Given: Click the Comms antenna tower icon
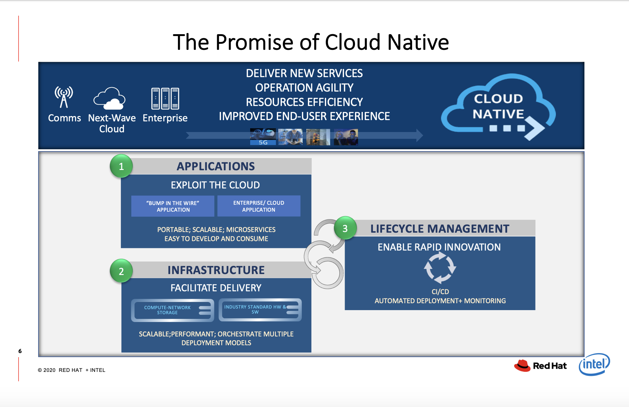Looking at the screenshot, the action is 64,97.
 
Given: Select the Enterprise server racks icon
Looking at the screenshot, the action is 165,98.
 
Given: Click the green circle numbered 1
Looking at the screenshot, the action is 121,166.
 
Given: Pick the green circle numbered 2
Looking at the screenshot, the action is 121,271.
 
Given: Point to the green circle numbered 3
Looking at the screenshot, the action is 345,228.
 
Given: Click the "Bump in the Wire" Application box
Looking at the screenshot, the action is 173,206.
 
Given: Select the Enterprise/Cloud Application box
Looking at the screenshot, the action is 259,206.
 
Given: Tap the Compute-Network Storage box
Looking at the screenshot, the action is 172,310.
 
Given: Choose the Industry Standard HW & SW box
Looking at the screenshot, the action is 260,310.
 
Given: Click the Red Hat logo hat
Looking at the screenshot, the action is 522,366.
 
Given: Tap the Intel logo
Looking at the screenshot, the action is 594,364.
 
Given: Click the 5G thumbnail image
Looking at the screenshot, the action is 263,137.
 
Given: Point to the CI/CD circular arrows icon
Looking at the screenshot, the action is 440,268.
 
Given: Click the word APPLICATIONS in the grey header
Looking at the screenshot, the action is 216,166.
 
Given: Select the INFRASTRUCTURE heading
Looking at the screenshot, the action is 216,270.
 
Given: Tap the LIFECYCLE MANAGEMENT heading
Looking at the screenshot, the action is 440,229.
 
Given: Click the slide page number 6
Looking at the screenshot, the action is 20,351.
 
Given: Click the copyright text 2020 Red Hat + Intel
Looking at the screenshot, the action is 72,370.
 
